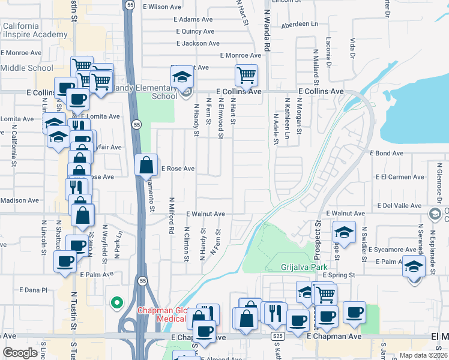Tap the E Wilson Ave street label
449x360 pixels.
pos(162,7)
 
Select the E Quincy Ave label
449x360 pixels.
pos(194,31)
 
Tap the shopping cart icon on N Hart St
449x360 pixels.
pos(246,76)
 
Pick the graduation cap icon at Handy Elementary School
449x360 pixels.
pos(181,77)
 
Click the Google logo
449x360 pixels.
pos(20,352)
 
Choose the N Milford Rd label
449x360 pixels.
pos(172,216)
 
